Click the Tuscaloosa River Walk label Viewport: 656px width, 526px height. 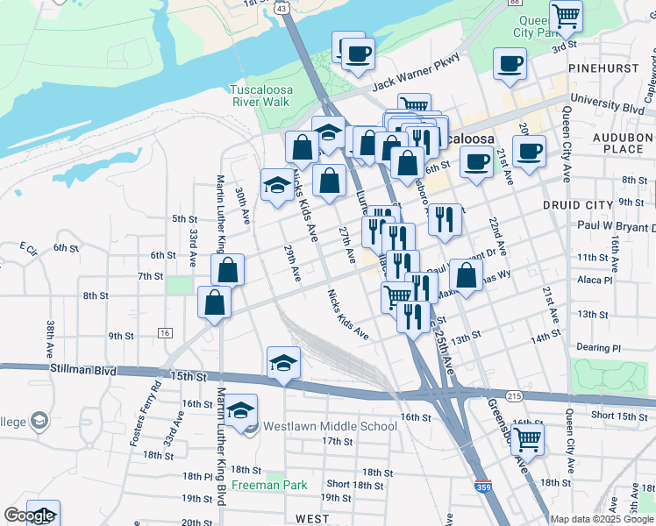point(260,96)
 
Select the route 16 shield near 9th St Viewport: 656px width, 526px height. point(164,333)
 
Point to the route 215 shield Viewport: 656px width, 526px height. point(514,397)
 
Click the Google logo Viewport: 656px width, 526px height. point(29,515)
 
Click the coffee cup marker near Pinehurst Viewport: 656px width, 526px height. point(510,64)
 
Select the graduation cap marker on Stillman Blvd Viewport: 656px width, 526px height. point(283,363)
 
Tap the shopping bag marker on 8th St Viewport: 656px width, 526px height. point(214,303)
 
